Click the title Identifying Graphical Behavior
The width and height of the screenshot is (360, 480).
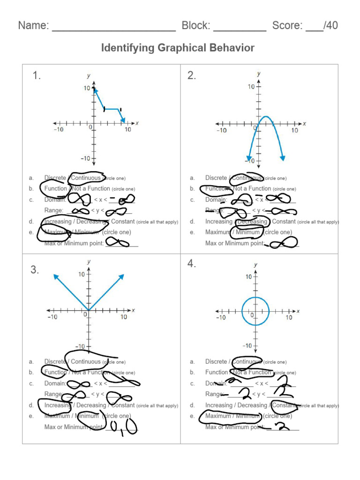[x=178, y=48]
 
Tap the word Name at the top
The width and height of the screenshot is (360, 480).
[x=32, y=25]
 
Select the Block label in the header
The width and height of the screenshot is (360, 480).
[x=195, y=25]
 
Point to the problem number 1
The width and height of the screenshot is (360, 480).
[x=37, y=76]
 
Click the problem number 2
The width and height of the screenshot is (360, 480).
[x=192, y=76]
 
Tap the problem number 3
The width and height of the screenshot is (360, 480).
[x=35, y=270]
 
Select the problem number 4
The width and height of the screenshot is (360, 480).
[x=192, y=264]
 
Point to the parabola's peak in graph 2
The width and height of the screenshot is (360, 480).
[x=265, y=117]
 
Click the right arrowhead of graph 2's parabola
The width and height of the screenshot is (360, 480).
[x=283, y=158]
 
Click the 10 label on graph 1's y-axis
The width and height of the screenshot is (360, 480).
[x=87, y=88]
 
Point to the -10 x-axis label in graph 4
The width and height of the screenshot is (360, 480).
[x=220, y=318]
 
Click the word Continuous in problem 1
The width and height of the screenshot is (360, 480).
[x=86, y=178]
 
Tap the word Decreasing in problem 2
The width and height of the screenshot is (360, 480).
[x=253, y=222]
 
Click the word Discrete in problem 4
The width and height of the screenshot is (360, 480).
[x=216, y=362]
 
